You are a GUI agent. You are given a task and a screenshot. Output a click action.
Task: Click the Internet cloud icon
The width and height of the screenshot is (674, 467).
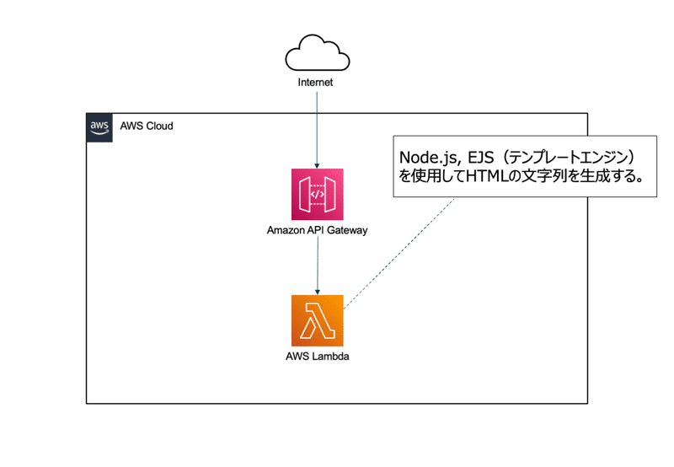(317, 53)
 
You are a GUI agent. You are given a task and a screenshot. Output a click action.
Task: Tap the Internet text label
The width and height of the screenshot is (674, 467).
(316, 83)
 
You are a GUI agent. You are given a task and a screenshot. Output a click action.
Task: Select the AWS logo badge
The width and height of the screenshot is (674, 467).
(99, 126)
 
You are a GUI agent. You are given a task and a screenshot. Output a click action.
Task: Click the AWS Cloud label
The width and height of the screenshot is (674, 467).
(147, 126)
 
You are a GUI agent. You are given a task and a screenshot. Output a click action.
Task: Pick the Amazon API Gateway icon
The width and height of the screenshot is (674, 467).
(317, 195)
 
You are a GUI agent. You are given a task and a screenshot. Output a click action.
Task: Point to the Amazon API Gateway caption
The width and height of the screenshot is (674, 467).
(317, 230)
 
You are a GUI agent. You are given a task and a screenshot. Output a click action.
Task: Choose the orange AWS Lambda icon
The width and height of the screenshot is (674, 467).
(317, 320)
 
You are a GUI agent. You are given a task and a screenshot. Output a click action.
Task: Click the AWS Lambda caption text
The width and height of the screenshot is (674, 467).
(317, 357)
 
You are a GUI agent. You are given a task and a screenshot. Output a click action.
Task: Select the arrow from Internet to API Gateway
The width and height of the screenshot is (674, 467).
(317, 126)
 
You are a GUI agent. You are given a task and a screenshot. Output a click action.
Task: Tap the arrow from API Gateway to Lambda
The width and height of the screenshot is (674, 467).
(317, 265)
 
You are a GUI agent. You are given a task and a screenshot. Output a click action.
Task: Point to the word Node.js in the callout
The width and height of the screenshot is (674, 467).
(430, 158)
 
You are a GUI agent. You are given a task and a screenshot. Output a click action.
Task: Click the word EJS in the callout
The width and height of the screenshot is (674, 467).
(482, 158)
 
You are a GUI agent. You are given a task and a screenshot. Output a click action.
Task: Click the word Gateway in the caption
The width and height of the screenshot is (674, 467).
(346, 230)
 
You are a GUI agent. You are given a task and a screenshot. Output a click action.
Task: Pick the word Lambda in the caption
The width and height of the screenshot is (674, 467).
(330, 357)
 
